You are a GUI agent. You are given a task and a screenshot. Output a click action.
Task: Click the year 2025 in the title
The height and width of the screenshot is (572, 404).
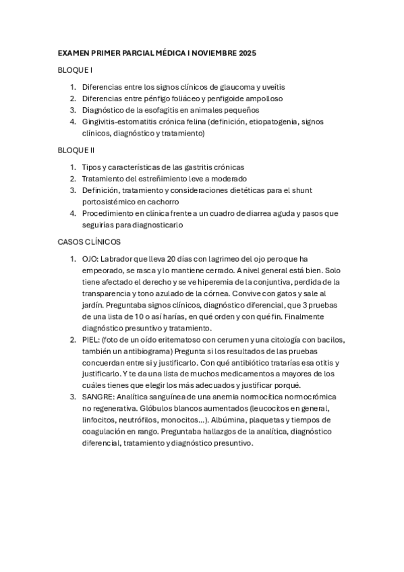(x=246, y=53)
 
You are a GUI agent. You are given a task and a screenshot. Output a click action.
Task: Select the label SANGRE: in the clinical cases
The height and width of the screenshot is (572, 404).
(x=99, y=397)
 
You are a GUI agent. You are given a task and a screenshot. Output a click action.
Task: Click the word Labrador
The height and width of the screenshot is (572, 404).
(x=126, y=259)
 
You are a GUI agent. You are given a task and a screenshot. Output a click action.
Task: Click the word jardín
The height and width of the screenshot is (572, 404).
(x=95, y=305)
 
